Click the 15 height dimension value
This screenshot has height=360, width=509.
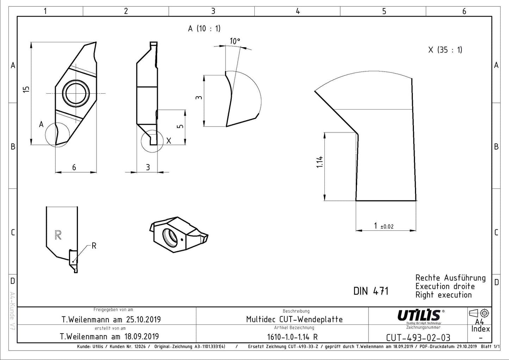(x=26, y=89)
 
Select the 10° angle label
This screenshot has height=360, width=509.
(x=235, y=41)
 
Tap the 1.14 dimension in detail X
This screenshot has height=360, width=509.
(x=319, y=162)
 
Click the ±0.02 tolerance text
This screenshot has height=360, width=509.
(x=387, y=226)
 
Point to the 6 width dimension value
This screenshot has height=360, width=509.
(x=74, y=168)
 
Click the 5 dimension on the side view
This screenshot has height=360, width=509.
(x=180, y=126)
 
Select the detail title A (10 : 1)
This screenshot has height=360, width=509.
(x=204, y=29)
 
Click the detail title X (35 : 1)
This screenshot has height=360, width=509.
(x=445, y=50)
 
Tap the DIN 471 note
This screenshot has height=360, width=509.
(x=371, y=291)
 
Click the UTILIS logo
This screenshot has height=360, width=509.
(x=420, y=316)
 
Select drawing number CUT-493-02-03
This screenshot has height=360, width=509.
(x=418, y=338)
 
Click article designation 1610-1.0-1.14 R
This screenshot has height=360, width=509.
(x=292, y=337)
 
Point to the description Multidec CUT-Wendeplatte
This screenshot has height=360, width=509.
(x=294, y=319)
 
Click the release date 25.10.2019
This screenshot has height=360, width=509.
(x=143, y=319)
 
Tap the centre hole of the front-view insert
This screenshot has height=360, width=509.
(x=76, y=93)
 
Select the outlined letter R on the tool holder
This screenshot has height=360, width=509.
(x=58, y=235)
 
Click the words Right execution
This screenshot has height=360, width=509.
(x=443, y=295)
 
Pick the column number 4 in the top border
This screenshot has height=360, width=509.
(x=298, y=11)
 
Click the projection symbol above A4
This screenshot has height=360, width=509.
(x=479, y=313)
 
